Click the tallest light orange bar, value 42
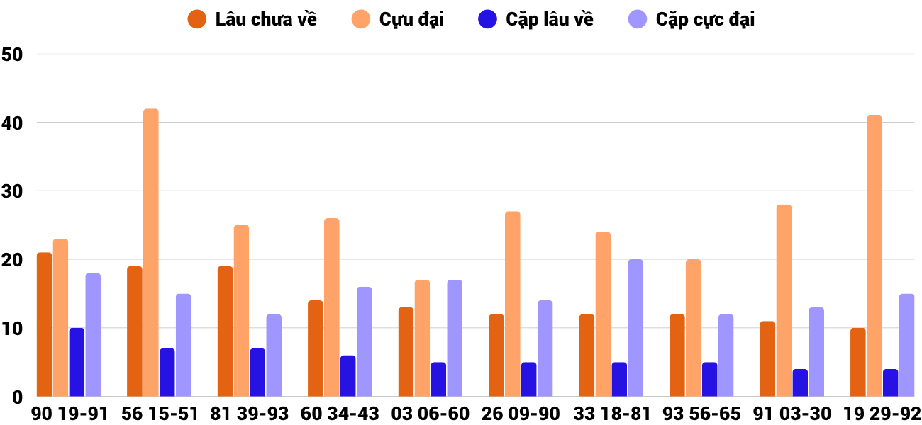(x=151, y=252)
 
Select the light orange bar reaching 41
(x=874, y=256)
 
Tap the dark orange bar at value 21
(x=44, y=324)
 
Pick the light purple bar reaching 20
(x=635, y=328)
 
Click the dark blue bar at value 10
(x=77, y=362)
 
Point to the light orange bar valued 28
(x=784, y=300)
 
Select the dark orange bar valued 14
(x=316, y=348)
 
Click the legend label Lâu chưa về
(x=266, y=20)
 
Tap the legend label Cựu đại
(x=411, y=20)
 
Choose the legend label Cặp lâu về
(x=550, y=20)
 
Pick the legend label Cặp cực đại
(x=705, y=20)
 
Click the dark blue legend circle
(x=487, y=20)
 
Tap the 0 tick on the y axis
(x=18, y=397)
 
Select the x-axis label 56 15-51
(x=160, y=414)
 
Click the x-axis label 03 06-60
(x=431, y=414)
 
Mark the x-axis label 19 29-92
(x=882, y=414)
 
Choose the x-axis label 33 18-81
(x=611, y=414)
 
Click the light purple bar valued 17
(x=455, y=338)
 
